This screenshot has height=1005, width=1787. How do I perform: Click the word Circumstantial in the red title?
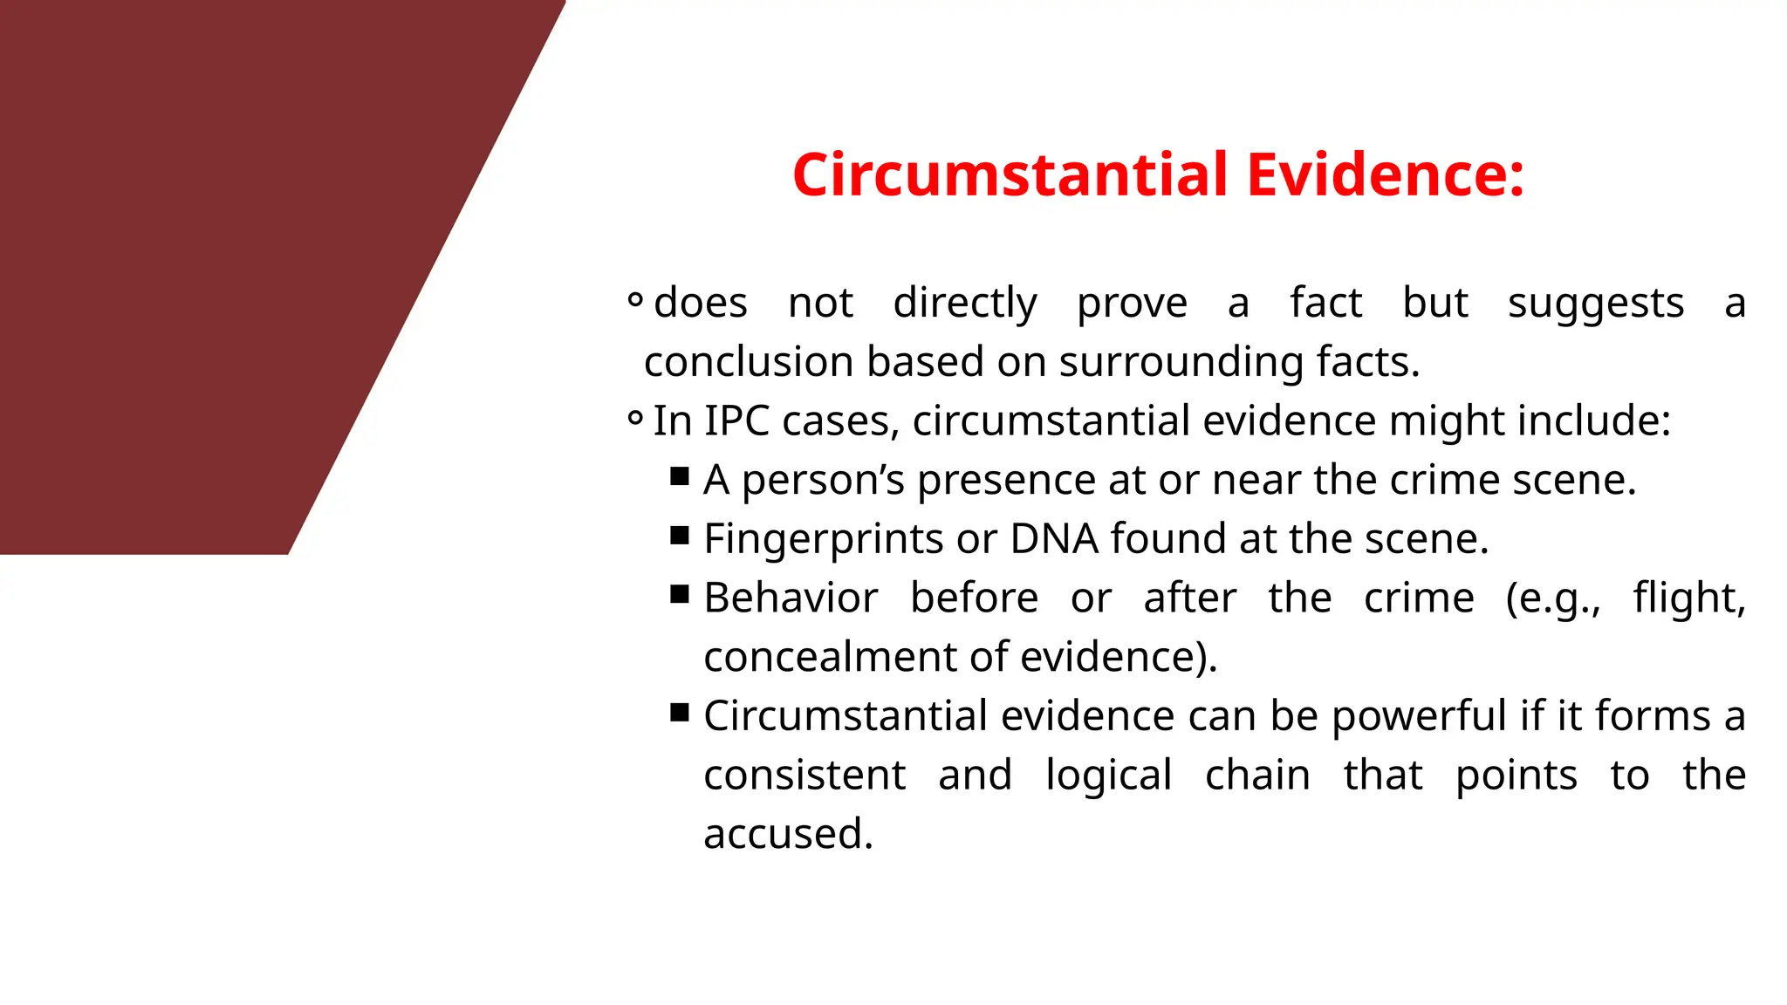(1011, 174)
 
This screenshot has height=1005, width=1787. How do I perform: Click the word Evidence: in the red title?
(1386, 174)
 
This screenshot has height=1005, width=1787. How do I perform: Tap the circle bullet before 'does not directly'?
(635, 301)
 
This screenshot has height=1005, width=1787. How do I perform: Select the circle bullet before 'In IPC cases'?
(635, 419)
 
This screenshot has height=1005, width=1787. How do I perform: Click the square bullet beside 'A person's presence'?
(680, 476)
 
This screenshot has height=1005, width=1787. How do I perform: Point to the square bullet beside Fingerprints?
(680, 535)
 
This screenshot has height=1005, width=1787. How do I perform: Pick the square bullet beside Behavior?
(680, 594)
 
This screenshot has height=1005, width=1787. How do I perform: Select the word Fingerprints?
(823, 539)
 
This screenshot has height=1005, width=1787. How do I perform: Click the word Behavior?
(791, 598)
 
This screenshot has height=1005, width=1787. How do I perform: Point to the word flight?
(1689, 598)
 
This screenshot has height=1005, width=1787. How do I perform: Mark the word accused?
(788, 834)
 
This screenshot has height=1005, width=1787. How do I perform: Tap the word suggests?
(1595, 304)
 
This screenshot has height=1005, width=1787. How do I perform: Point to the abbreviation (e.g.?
(1553, 599)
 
